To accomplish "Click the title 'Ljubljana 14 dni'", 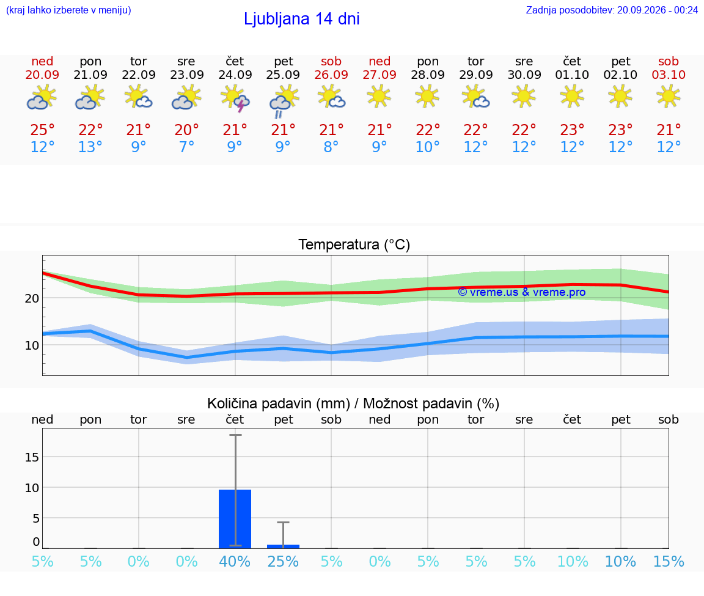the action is (x=302, y=19).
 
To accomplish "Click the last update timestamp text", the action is (x=612, y=10).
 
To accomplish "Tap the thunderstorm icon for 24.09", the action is (x=235, y=99).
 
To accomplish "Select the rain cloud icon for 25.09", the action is (x=284, y=103).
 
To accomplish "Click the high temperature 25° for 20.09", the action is (x=42, y=130).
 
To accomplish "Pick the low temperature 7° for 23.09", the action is (x=187, y=147).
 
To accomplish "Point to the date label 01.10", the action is (x=572, y=75).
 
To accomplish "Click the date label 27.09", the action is (x=380, y=75).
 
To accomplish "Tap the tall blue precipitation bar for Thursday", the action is (x=235, y=519).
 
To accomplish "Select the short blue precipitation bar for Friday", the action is (x=284, y=546).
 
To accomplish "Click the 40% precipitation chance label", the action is (x=235, y=561).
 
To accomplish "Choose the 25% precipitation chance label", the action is (x=283, y=561).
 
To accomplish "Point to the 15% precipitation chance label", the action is (x=669, y=561).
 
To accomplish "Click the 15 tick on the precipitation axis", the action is (x=32, y=457).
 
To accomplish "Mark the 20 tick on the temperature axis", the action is (x=32, y=298).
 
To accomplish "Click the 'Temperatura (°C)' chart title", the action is (x=354, y=245).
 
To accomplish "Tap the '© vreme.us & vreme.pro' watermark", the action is (x=522, y=292).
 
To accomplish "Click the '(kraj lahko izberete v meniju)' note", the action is (x=68, y=10).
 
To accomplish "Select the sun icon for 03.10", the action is (x=669, y=97).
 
